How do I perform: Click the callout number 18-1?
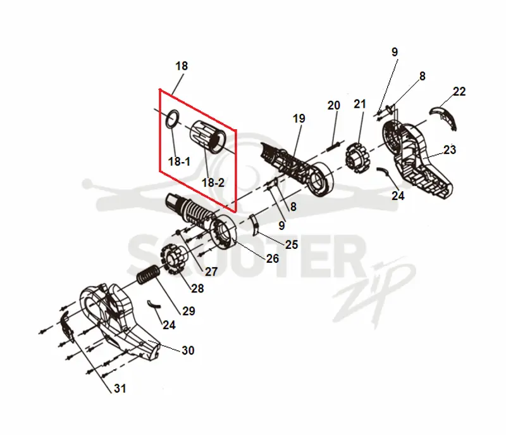click(x=179, y=161)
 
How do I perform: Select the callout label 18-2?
click(x=213, y=183)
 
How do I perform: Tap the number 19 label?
click(x=299, y=118)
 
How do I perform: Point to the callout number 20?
click(x=334, y=106)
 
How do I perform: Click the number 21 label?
click(x=360, y=104)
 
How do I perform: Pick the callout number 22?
click(x=459, y=91)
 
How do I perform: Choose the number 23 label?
click(x=450, y=150)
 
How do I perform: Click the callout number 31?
click(x=120, y=388)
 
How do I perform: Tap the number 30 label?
click(x=188, y=350)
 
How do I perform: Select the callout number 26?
click(x=272, y=258)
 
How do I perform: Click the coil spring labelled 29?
click(x=148, y=275)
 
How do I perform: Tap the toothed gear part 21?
click(x=359, y=158)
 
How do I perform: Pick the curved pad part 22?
click(x=443, y=116)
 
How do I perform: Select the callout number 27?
click(x=211, y=272)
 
